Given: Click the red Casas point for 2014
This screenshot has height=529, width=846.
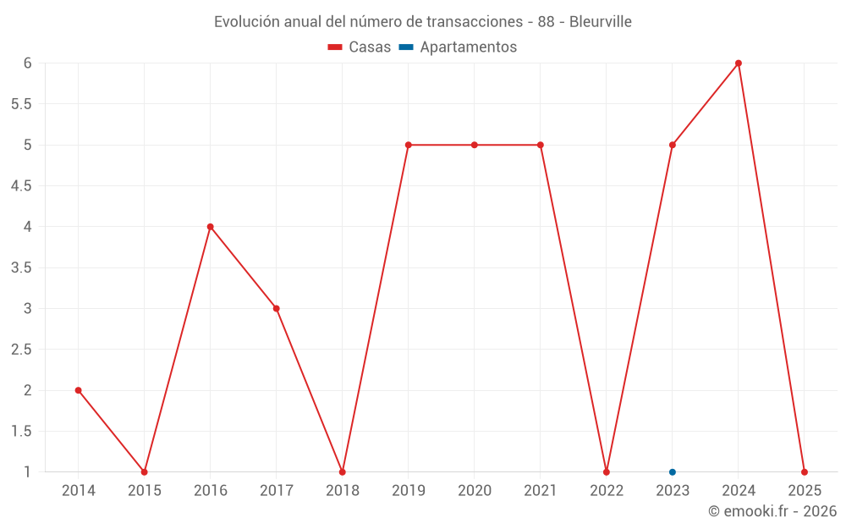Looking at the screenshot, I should [x=78, y=390].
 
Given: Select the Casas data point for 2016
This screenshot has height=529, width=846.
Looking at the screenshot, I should [x=210, y=227].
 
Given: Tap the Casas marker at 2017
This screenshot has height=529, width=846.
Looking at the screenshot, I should [x=277, y=308].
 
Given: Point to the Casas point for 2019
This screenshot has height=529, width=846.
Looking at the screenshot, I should [x=409, y=145].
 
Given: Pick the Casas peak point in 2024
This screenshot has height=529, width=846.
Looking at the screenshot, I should [x=739, y=63].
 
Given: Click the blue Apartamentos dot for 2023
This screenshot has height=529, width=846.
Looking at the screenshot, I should [x=673, y=472].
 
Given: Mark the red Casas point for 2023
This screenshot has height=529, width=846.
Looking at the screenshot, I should [x=673, y=145].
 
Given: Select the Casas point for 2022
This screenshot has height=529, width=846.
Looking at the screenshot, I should [x=607, y=472].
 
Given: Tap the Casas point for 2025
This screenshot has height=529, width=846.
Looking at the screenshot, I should [x=805, y=472].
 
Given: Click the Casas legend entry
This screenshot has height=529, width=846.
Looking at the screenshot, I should [x=360, y=47].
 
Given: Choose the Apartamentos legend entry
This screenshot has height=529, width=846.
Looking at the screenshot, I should [x=458, y=47].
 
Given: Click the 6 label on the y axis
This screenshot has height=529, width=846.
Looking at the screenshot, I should [x=27, y=63].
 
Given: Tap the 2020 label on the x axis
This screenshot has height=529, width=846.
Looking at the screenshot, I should [x=475, y=490].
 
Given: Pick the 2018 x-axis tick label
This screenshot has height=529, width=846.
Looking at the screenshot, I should [x=343, y=490].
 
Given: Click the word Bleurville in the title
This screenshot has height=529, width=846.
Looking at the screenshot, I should [x=601, y=22].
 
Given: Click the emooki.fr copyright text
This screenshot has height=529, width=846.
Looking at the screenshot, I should [x=772, y=511].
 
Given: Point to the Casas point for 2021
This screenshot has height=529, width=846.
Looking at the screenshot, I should [x=541, y=145].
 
